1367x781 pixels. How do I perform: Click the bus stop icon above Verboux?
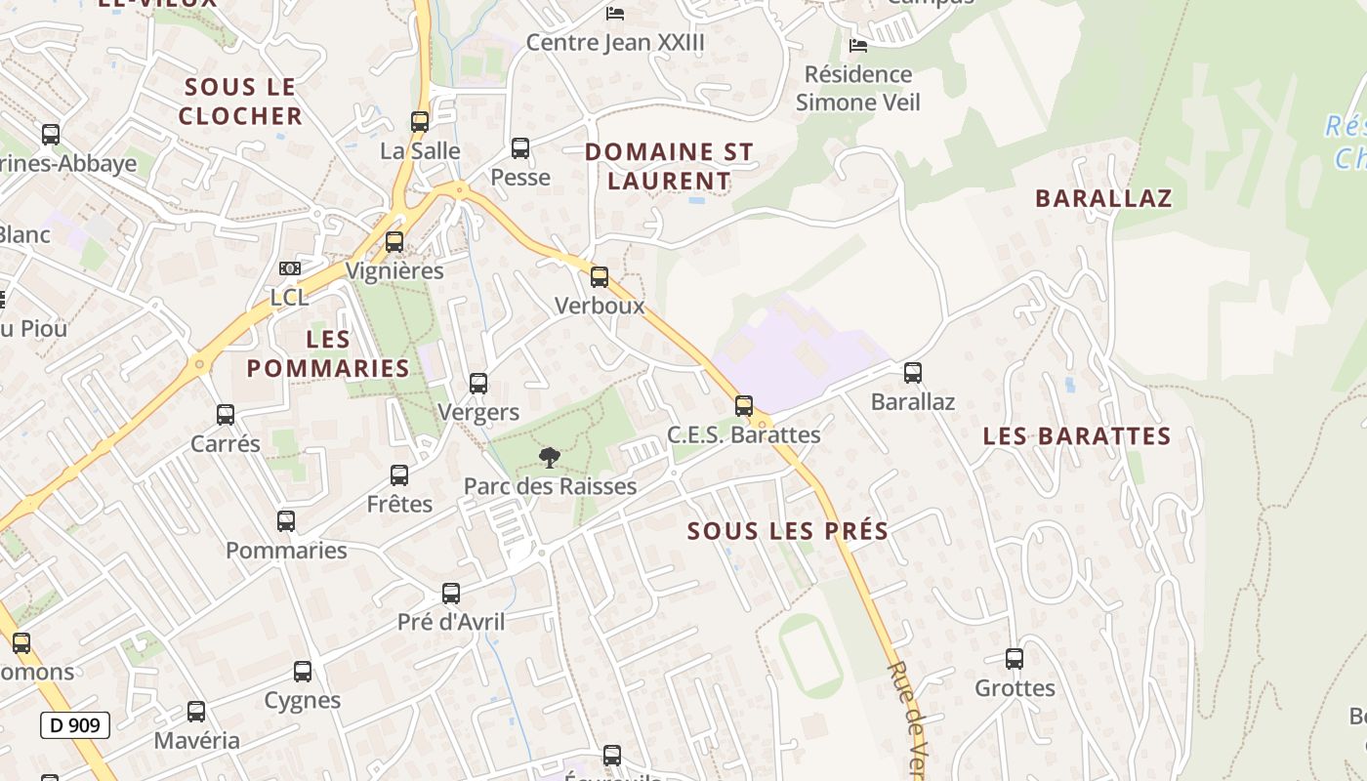(x=600, y=277)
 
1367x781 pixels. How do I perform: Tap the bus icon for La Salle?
(x=420, y=122)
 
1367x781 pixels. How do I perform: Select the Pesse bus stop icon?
(x=520, y=148)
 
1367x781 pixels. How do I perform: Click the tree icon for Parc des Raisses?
(x=550, y=457)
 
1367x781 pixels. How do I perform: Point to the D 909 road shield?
(x=75, y=725)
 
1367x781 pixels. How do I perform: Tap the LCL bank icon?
(x=290, y=268)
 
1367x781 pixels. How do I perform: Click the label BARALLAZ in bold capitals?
(x=1103, y=198)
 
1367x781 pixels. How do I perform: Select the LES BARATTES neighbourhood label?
(x=1077, y=436)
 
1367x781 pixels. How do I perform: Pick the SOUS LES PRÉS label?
(x=788, y=531)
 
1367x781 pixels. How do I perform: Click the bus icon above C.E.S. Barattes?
(x=744, y=406)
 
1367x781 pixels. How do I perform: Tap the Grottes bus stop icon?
(x=1015, y=659)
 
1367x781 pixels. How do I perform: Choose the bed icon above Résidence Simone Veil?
(x=858, y=46)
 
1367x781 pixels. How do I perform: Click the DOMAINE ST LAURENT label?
(x=669, y=166)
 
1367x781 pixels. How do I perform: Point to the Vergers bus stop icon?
(x=478, y=384)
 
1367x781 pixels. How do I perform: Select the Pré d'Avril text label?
(x=451, y=622)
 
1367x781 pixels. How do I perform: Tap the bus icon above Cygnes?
(x=303, y=672)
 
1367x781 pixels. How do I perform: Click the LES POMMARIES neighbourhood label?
(x=328, y=353)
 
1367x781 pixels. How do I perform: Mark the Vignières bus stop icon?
(x=394, y=242)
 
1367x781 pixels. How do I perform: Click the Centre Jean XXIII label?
(x=615, y=43)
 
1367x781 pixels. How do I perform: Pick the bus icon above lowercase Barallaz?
(x=913, y=373)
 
